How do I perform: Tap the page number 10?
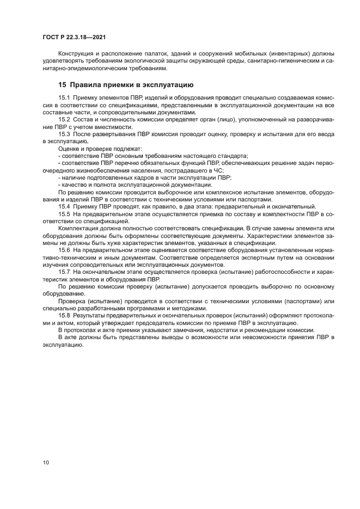click(46, 462)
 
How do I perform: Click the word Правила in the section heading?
click(88, 85)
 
